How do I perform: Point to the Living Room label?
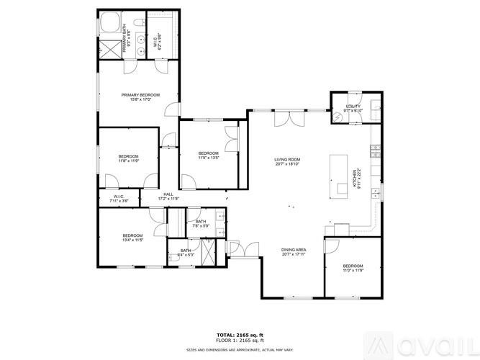click(x=286, y=162)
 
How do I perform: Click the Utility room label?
click(x=352, y=108)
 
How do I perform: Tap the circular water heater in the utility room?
click(x=338, y=117)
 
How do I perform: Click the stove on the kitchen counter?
click(x=374, y=150)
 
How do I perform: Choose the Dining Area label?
click(x=293, y=251)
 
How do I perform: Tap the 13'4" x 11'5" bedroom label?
click(x=132, y=238)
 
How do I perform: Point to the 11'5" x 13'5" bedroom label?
click(x=208, y=155)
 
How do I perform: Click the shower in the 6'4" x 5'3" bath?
click(x=209, y=251)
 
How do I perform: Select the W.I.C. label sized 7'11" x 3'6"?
click(x=119, y=199)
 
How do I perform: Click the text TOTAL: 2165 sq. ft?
click(x=240, y=335)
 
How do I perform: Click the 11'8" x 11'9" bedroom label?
click(x=128, y=158)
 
